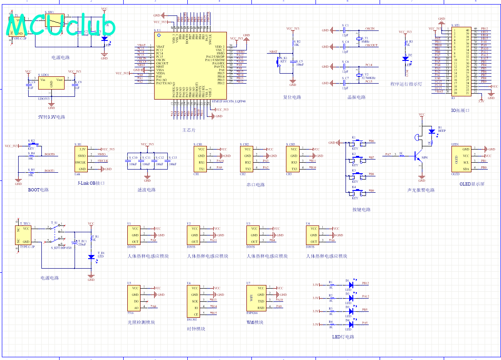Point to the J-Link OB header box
[x=83, y=159]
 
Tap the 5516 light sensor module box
[x=135, y=298]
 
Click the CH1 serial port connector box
[x=202, y=159]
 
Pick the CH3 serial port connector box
[x=294, y=159]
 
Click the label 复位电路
[x=292, y=97]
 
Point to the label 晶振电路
[x=356, y=97]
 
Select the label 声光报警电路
[x=421, y=190]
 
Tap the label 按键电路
[x=361, y=210]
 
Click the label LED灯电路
[x=343, y=337]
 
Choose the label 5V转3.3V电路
[x=51, y=117]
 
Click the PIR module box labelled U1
[x=135, y=235]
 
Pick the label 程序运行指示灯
[x=406, y=84]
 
